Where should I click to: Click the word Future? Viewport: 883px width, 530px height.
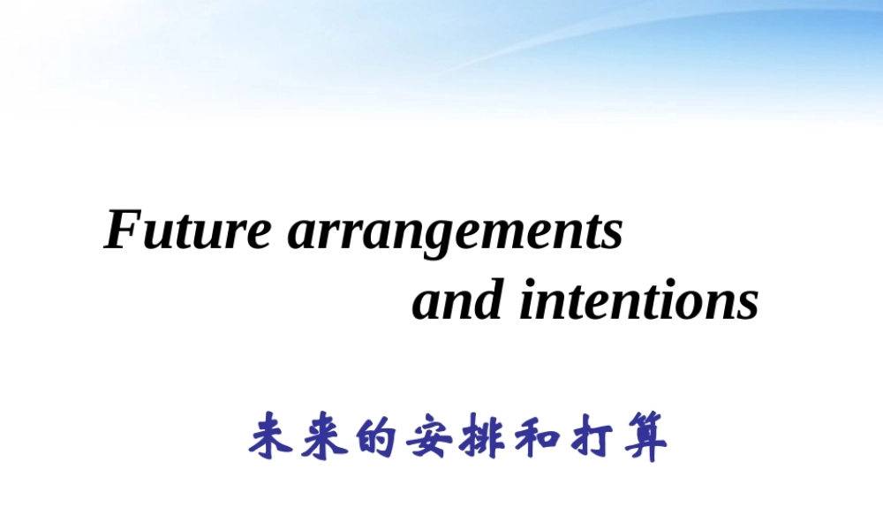187,230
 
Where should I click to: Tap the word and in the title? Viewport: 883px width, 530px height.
457,299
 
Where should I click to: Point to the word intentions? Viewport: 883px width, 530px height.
639,299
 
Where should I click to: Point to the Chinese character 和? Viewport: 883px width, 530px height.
536,436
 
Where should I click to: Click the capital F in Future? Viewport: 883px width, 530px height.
124,230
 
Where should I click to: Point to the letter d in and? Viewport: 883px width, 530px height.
484,299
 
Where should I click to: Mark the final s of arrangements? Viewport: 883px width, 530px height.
612,236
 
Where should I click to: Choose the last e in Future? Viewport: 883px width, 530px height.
259,236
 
